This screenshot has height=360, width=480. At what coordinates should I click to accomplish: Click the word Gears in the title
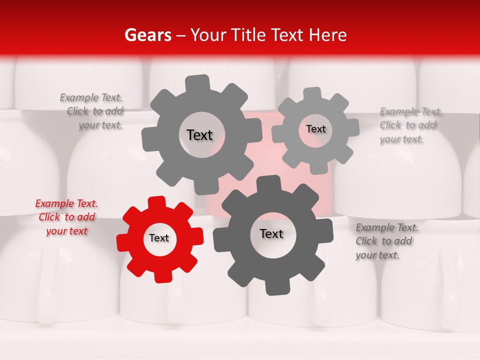click(x=147, y=35)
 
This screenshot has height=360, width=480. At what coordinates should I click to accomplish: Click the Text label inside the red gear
click(x=159, y=238)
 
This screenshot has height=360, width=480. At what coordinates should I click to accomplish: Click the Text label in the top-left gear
click(x=199, y=135)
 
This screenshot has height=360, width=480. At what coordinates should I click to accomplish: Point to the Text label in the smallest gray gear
click(x=315, y=129)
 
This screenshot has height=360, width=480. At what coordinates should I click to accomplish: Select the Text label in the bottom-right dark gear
click(x=271, y=233)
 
